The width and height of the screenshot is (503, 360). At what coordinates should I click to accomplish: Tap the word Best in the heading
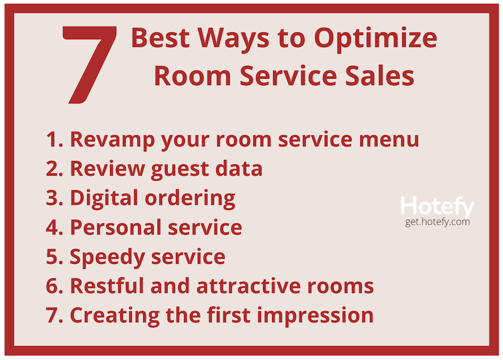click(x=160, y=37)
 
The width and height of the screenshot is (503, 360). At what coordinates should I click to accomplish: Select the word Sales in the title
click(x=379, y=75)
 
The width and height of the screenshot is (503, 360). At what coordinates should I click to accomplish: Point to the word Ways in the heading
click(x=233, y=39)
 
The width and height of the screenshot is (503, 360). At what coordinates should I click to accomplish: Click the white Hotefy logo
click(x=437, y=207)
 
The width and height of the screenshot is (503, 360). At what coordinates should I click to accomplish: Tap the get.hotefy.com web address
click(x=437, y=222)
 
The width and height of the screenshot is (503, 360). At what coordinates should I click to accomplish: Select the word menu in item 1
click(x=389, y=140)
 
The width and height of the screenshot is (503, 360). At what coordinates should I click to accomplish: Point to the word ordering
click(x=190, y=198)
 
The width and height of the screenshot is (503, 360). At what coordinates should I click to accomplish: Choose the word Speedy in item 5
click(x=107, y=258)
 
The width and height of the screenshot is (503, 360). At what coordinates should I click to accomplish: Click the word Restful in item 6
click(x=107, y=286)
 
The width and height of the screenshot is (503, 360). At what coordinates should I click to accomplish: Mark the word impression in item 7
click(x=315, y=316)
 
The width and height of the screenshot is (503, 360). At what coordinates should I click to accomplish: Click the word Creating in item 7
click(x=115, y=316)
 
